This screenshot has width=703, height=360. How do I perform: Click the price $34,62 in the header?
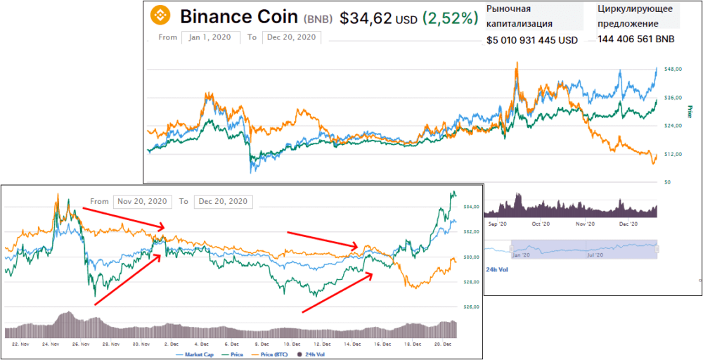pos(364,19)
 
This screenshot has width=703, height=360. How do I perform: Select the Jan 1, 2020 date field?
pos(210,37)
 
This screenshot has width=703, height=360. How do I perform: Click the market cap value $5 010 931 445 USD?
pos(532,40)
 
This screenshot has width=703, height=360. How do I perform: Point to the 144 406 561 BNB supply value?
pos(636,40)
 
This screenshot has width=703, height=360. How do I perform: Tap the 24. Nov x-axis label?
pos(49,344)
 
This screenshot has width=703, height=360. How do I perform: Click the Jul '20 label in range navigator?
pos(595,255)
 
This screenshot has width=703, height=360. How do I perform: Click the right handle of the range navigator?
pos(657,248)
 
